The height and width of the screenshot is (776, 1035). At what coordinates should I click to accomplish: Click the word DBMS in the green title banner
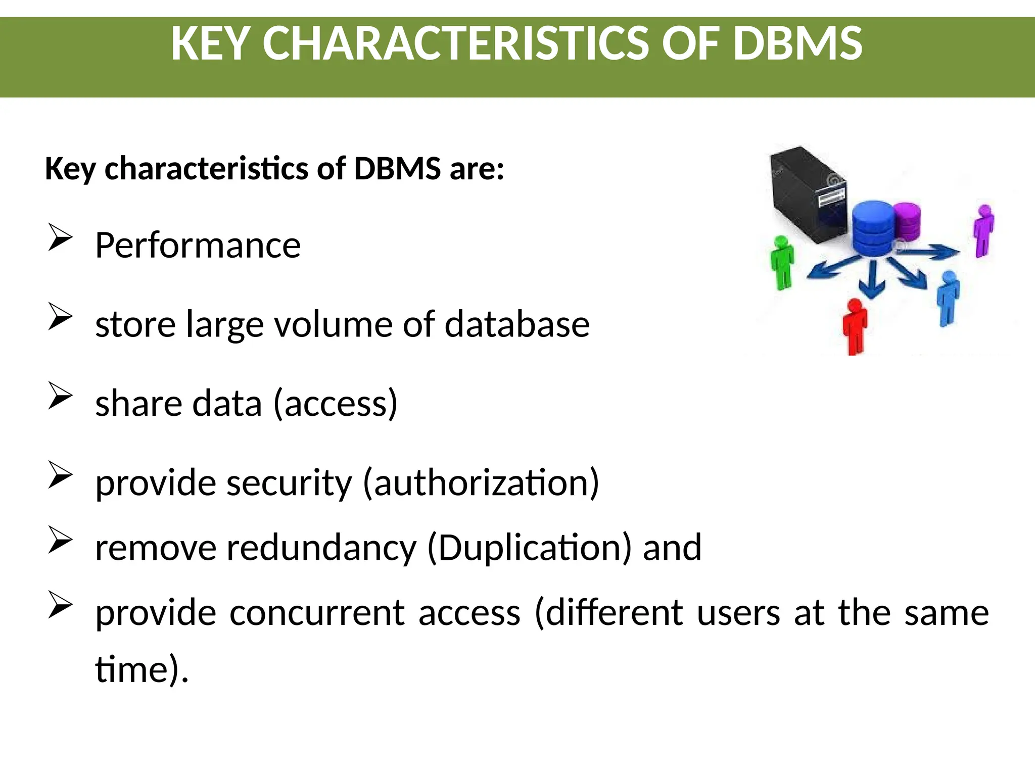point(797,43)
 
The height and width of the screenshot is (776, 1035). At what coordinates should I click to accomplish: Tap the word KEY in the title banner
point(210,43)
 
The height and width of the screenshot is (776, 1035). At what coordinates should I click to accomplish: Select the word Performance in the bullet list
point(198,246)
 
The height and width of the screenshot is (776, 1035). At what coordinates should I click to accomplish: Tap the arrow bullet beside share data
point(60,395)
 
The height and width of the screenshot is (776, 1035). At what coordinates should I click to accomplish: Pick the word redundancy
point(321,548)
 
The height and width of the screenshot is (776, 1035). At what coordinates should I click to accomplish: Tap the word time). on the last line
point(142,669)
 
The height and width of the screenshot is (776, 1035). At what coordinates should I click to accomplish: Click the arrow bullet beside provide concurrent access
point(60,604)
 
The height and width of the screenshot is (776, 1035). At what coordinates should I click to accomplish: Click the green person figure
point(782,263)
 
